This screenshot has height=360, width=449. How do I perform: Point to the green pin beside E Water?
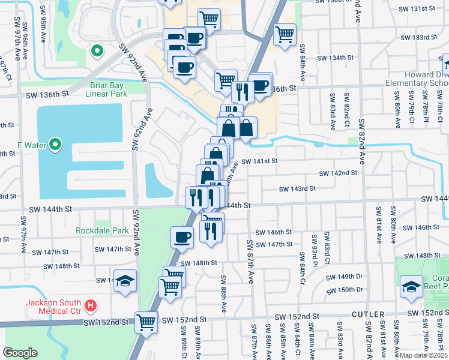coord(55,144)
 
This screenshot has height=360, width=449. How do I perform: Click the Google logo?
coord(20,352)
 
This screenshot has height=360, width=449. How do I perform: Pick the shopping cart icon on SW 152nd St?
coord(146,322)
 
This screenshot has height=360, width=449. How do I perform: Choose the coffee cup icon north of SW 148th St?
coord(182,237)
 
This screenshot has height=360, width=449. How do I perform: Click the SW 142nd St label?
coord(338,173)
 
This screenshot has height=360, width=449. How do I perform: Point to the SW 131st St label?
coord(417,9)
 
